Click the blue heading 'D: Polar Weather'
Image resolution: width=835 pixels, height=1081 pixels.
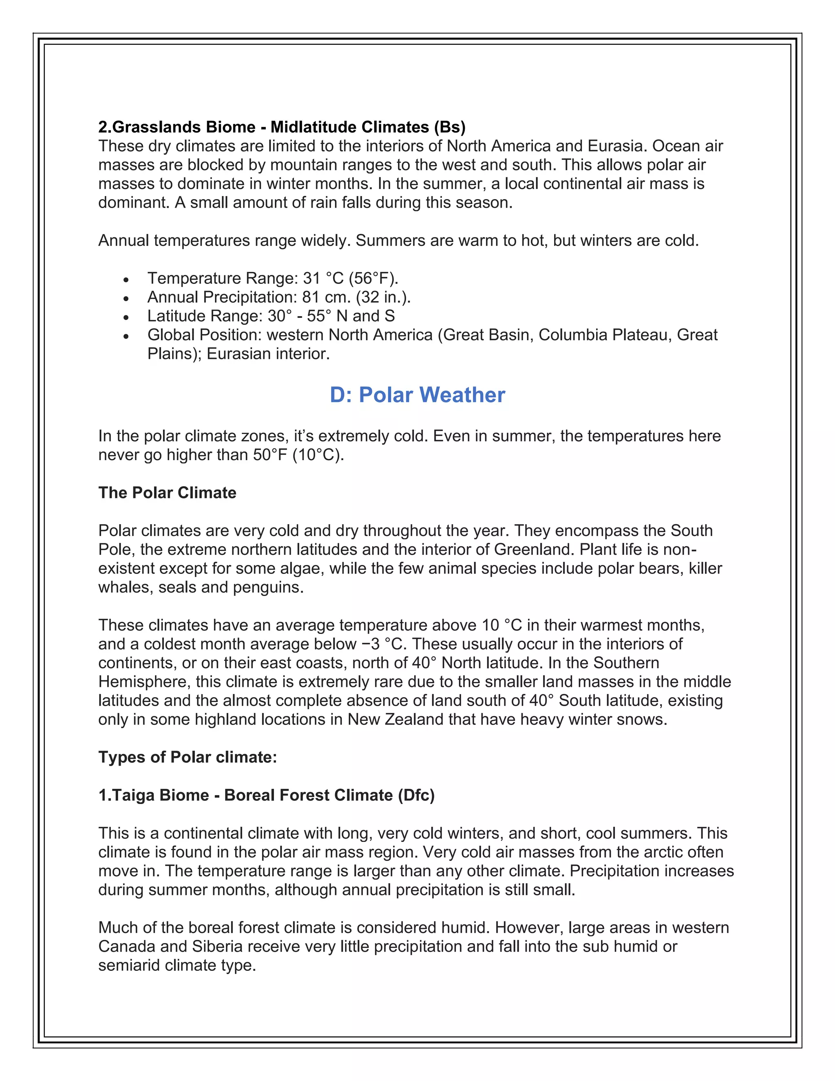point(417,395)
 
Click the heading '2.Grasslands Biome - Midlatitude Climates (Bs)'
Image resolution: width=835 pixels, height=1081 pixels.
point(281,127)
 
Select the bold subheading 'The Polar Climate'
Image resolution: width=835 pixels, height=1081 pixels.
point(167,492)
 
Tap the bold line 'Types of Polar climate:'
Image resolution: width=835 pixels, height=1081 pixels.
point(188,757)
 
